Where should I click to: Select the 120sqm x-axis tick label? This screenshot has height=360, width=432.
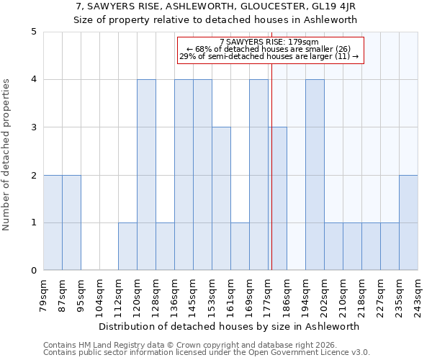pyautogui.click(x=138, y=296)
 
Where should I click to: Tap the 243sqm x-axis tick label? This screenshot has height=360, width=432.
pyautogui.click(x=418, y=296)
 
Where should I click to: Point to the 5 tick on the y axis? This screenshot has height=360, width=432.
pyautogui.click(x=34, y=32)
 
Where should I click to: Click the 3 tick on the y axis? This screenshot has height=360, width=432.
pyautogui.click(x=34, y=127)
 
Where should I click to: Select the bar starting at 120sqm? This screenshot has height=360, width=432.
pyautogui.click(x=146, y=175)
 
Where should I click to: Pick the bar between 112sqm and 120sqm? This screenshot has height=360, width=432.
pyautogui.click(x=127, y=246)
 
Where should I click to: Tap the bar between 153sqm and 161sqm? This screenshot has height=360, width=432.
pyautogui.click(x=221, y=199)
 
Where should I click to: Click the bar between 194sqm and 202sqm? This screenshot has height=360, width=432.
pyautogui.click(x=315, y=175)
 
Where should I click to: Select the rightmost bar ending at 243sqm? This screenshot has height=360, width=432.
pyautogui.click(x=408, y=222)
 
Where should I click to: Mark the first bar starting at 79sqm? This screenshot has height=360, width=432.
pyautogui.click(x=53, y=222)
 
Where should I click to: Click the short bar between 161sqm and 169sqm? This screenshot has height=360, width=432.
pyautogui.click(x=240, y=246)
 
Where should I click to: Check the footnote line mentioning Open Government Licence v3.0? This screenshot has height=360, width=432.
pyautogui.click(x=207, y=353)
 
